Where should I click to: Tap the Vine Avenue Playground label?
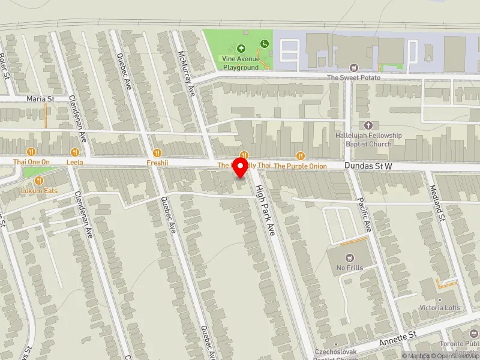click(241, 64)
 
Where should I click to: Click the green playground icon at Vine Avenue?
click(265, 44)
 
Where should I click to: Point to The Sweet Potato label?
click(353, 77)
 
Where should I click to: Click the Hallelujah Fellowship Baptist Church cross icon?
click(368, 125)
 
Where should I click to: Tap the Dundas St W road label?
click(368, 164)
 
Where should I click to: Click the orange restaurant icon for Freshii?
click(156, 152)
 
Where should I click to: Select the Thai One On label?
click(32, 162)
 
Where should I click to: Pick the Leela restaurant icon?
click(75, 152)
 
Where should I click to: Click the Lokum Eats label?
click(39, 190)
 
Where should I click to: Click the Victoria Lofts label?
click(440, 307)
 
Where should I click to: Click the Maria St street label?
click(40, 98)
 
